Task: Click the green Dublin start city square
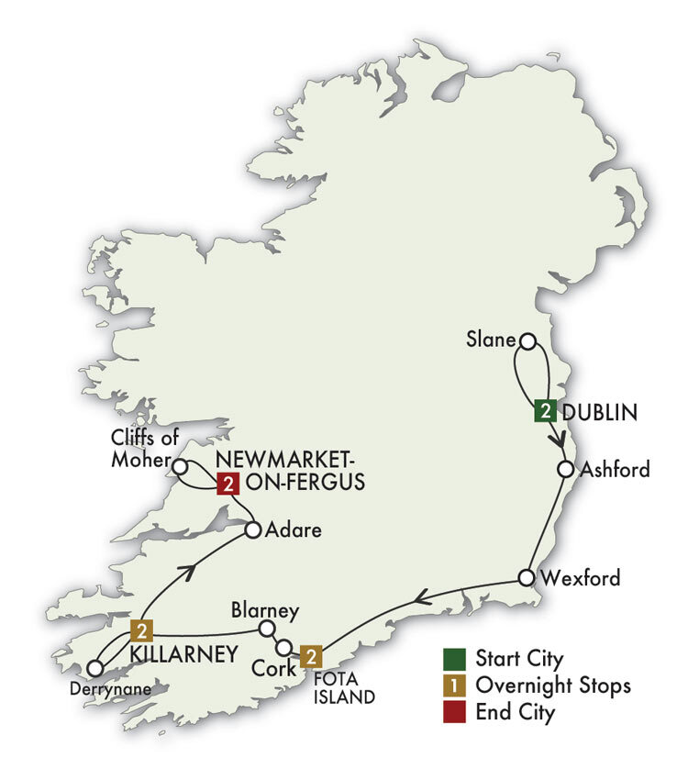pos(545,411)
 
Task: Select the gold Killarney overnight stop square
pos(141,630)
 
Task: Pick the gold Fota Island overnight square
pos(313,657)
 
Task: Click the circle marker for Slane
pos(527,341)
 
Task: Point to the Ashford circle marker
pos(566,469)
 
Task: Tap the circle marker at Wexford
pos(526,578)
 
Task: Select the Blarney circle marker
pos(267,629)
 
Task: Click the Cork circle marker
pos(285,646)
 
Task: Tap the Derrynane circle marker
pos(95,669)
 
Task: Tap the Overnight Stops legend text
pos(552,685)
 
